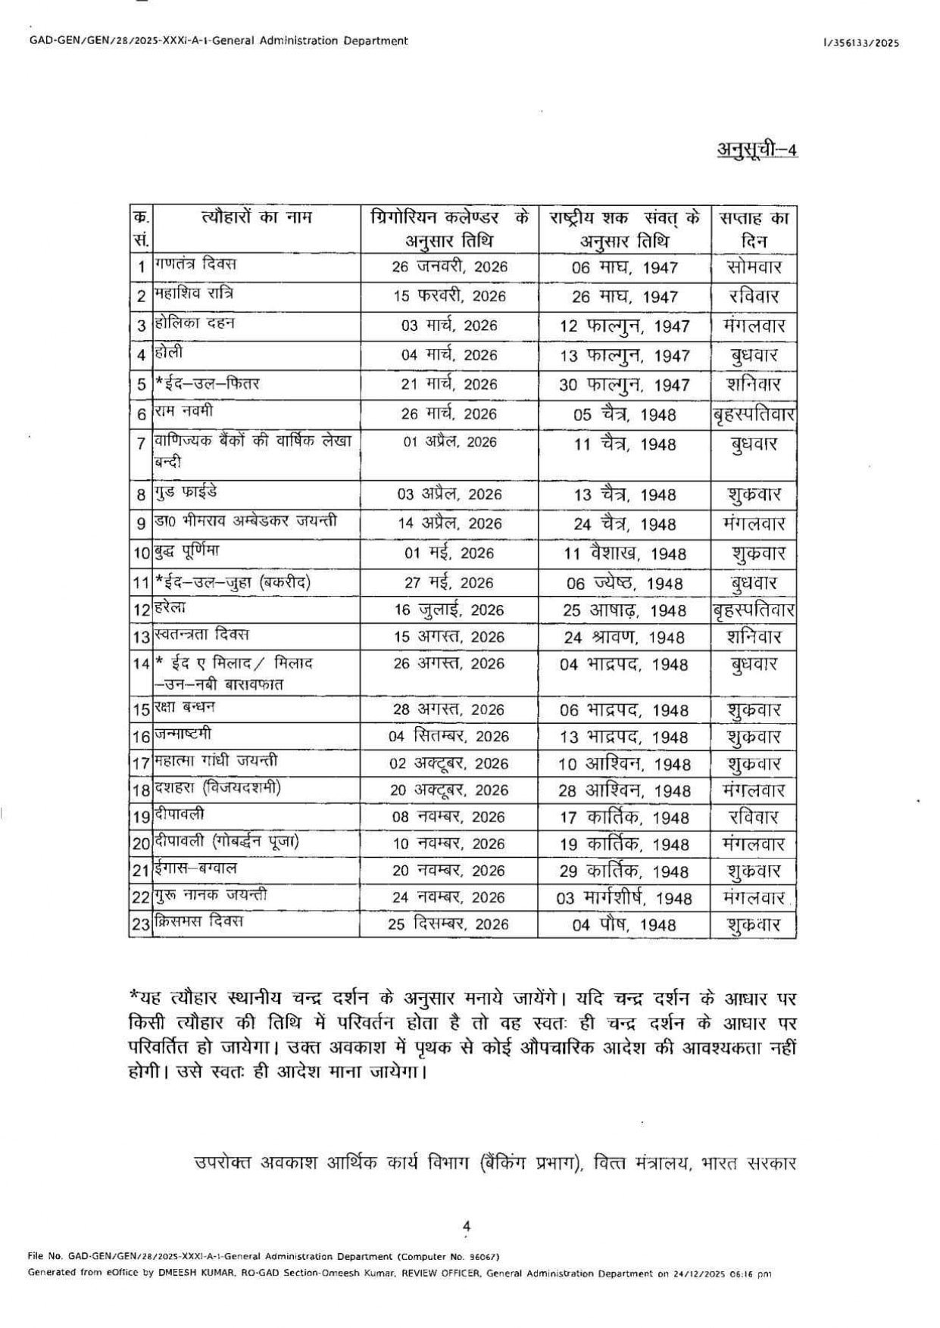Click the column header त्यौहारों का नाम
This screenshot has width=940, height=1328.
point(257,219)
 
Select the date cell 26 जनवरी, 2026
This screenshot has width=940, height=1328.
point(449,267)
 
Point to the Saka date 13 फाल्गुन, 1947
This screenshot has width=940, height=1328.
point(624,356)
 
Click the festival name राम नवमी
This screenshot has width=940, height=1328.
point(184,411)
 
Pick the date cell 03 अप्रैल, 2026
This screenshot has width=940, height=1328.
point(449,494)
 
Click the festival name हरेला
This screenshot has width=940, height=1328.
point(170,607)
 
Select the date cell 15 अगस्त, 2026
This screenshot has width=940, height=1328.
point(449,637)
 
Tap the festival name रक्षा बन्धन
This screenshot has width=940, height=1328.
point(185,707)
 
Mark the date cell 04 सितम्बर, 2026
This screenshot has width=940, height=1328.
point(449,736)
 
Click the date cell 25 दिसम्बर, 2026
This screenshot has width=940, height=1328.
point(449,924)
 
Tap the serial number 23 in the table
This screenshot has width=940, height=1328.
point(141,925)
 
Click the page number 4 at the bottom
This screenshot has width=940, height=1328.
point(467,1226)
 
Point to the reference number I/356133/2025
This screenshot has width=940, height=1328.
point(861,43)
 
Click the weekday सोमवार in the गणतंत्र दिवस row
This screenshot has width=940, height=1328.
point(754,267)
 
